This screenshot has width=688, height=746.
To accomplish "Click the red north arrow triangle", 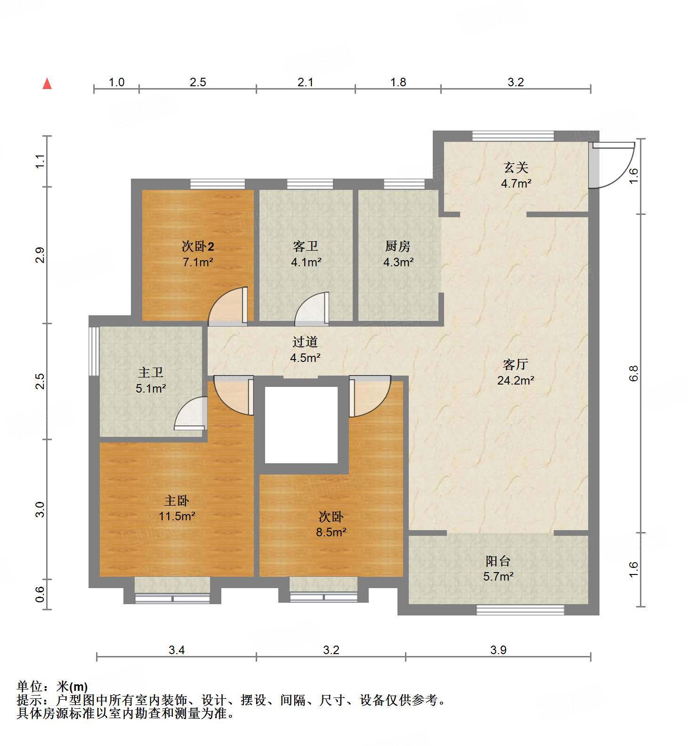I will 47,84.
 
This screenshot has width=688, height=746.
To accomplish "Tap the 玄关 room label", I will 516,167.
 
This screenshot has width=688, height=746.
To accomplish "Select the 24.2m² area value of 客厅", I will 516,380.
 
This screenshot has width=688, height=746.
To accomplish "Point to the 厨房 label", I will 398,246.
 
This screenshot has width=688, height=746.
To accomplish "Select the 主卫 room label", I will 151,373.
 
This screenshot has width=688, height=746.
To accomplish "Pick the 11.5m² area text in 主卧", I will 177,516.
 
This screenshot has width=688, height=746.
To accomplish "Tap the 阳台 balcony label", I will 498,561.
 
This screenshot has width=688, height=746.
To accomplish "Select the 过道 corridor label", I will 305,342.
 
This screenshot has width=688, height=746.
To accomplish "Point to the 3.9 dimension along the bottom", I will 498,650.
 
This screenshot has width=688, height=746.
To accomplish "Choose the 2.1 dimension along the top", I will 306,82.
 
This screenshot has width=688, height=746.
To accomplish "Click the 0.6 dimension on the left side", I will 40,594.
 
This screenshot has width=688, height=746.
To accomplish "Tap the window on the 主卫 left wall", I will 94,351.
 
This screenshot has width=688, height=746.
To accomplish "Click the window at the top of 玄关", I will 513,136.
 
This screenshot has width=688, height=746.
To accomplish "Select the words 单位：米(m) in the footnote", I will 52,687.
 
